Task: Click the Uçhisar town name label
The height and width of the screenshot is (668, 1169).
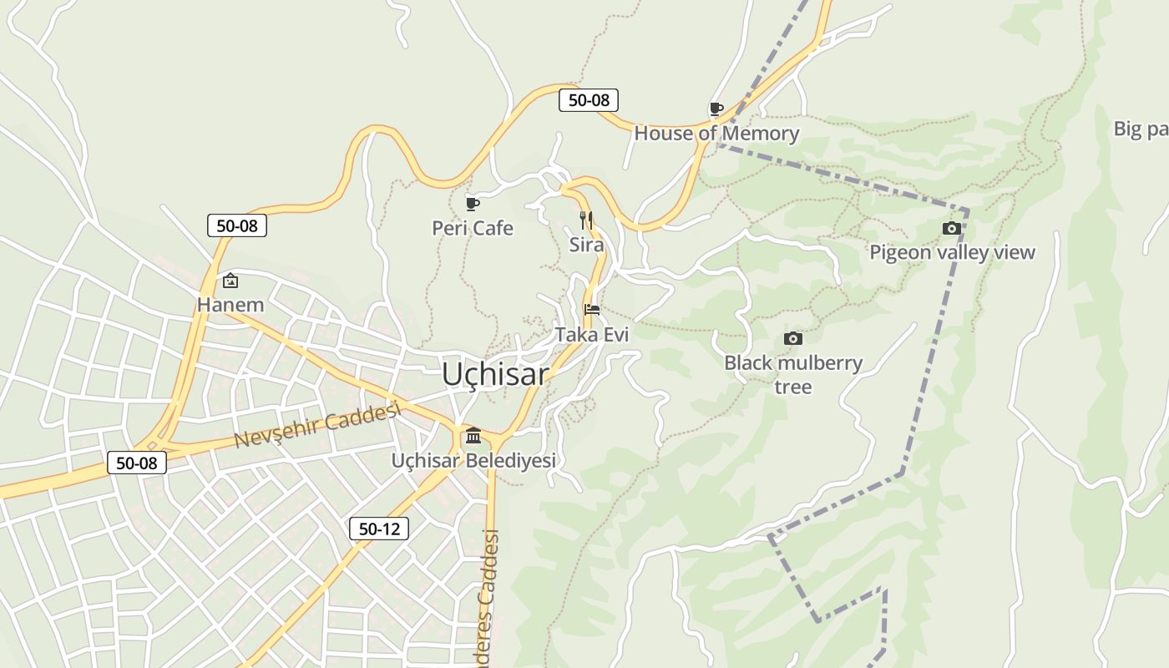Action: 495,374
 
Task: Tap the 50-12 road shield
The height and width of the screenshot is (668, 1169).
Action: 379,529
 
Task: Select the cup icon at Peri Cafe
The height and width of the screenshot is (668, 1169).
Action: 473,204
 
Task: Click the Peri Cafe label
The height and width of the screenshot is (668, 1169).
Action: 473,228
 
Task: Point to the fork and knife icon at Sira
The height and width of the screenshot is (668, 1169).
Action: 586,220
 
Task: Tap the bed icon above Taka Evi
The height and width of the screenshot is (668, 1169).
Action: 592,310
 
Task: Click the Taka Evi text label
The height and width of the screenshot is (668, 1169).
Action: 592,334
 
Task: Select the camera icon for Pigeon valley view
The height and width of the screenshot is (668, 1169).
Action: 951,228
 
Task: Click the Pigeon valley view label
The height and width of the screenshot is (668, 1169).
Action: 952,252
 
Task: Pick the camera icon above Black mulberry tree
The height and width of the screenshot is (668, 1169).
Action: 793,338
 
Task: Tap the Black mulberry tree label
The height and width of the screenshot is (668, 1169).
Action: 793,374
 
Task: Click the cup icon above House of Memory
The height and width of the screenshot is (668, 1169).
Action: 716,109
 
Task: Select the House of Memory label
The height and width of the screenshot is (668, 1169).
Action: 716,133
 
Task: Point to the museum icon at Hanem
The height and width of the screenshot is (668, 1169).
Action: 230,281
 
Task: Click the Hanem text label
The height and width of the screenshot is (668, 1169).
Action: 230,305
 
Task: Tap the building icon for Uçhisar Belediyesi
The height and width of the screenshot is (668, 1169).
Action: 473,435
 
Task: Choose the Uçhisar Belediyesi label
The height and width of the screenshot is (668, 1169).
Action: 473,460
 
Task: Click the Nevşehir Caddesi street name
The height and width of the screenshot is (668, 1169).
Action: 317,424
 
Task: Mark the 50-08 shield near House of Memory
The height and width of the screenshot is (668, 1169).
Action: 589,100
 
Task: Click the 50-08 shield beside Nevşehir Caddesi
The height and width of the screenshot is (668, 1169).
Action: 137,463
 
